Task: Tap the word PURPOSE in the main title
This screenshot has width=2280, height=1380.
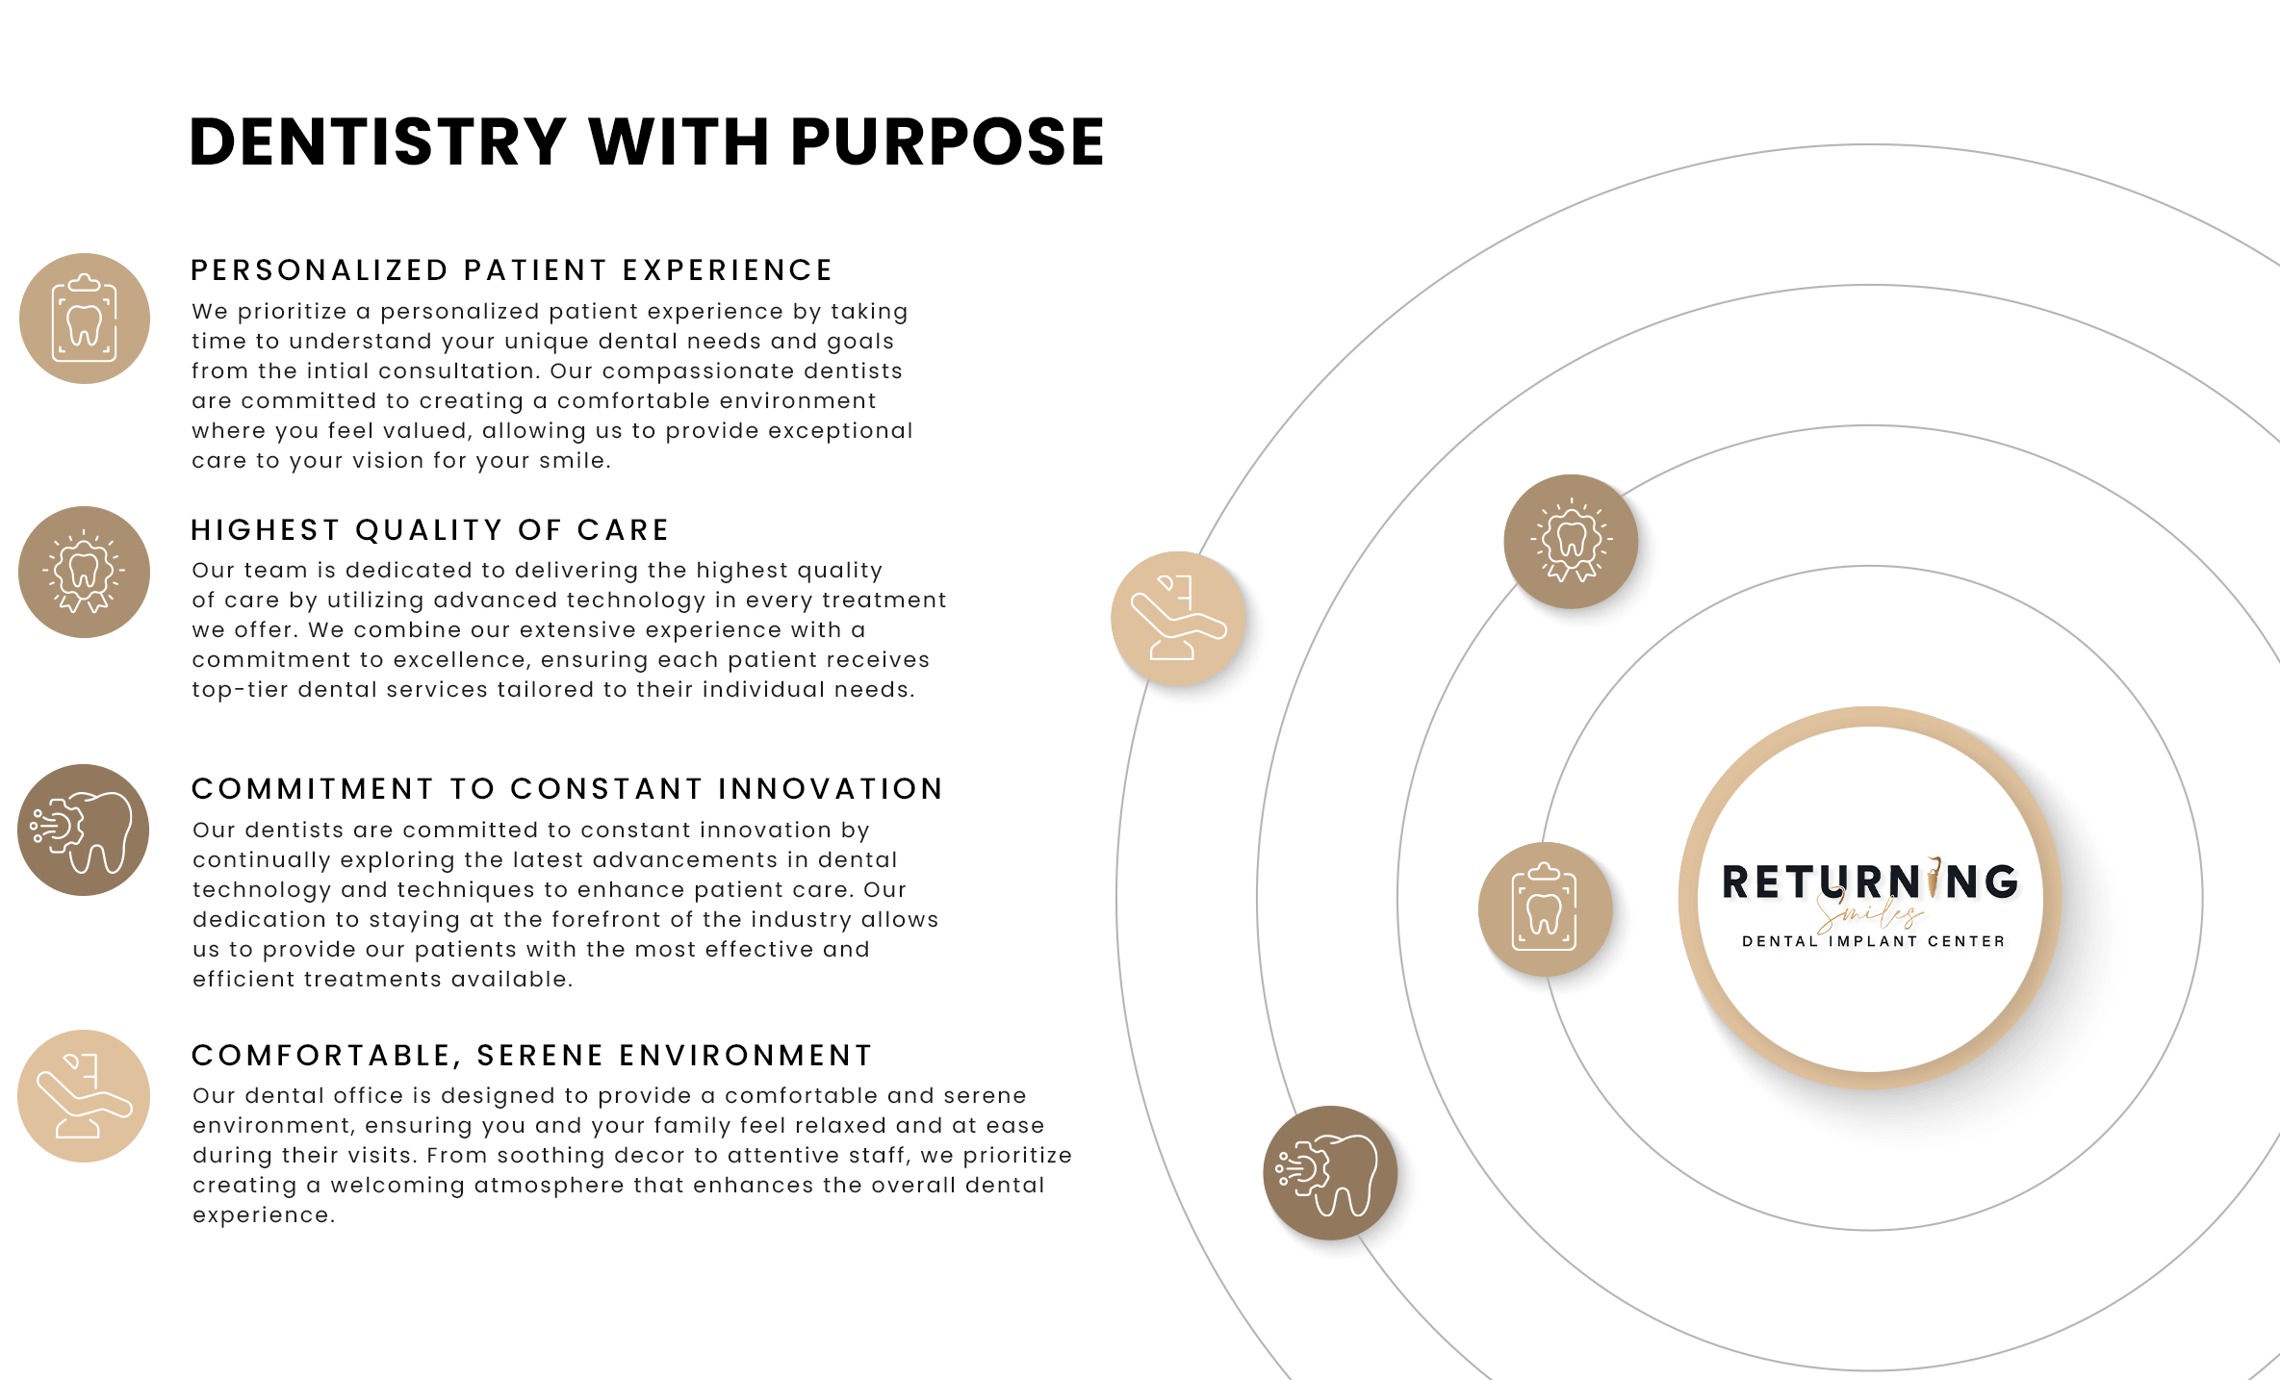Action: pyautogui.click(x=947, y=142)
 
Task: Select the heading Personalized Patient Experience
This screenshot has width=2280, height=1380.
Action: pyautogui.click(x=511, y=270)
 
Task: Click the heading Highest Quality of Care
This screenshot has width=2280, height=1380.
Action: pyautogui.click(x=429, y=530)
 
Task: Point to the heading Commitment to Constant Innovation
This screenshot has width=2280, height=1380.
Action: pyautogui.click(x=567, y=789)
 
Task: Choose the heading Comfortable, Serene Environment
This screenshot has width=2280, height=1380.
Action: pyautogui.click(x=531, y=1056)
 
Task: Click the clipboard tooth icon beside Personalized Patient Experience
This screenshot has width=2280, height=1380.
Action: pyautogui.click(x=85, y=319)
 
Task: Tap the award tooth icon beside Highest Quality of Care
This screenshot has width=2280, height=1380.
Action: pyautogui.click(x=84, y=573)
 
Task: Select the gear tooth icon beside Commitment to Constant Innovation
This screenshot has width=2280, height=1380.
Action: pyautogui.click(x=84, y=831)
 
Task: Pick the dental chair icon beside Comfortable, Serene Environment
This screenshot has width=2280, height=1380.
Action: pyautogui.click(x=84, y=1096)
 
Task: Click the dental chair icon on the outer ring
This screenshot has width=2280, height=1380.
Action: pyautogui.click(x=1178, y=619)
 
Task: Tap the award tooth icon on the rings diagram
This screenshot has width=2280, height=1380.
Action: pyautogui.click(x=1571, y=542)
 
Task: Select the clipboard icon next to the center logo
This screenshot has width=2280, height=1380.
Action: pyautogui.click(x=1545, y=909)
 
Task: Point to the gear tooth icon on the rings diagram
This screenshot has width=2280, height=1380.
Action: pyautogui.click(x=1330, y=1173)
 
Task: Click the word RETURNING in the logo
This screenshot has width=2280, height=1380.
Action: pyautogui.click(x=1869, y=882)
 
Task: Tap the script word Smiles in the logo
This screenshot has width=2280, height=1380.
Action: pyautogui.click(x=1869, y=913)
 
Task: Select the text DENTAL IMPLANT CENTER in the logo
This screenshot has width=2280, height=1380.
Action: pyautogui.click(x=1873, y=941)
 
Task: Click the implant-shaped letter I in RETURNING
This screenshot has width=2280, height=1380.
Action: pyautogui.click(x=1933, y=878)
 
